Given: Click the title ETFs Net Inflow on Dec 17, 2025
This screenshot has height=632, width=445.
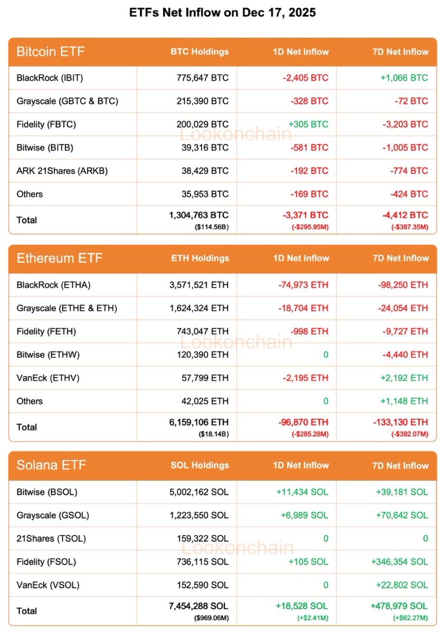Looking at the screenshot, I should (222, 13).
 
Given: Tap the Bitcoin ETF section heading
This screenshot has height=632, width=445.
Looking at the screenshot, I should (51, 52).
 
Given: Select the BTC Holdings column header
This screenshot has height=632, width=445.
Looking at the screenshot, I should (200, 52).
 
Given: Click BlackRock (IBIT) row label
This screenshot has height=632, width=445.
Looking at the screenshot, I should (50, 78).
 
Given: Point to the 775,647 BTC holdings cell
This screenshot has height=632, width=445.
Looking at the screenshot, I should (203, 78).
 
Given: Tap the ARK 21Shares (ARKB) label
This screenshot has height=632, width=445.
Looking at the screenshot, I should (62, 171).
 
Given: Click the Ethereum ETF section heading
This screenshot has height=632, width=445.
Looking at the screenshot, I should (60, 259).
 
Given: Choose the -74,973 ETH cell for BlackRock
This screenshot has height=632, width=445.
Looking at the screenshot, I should (303, 285).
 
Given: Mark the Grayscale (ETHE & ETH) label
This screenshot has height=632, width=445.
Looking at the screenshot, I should (67, 308).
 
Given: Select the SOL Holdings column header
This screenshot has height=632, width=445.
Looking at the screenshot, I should (200, 466).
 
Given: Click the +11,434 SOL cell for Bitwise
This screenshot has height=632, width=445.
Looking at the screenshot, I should (302, 492).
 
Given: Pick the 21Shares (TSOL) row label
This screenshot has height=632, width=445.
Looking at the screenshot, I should (51, 538).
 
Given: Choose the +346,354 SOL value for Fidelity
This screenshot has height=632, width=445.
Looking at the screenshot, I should (399, 561).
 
